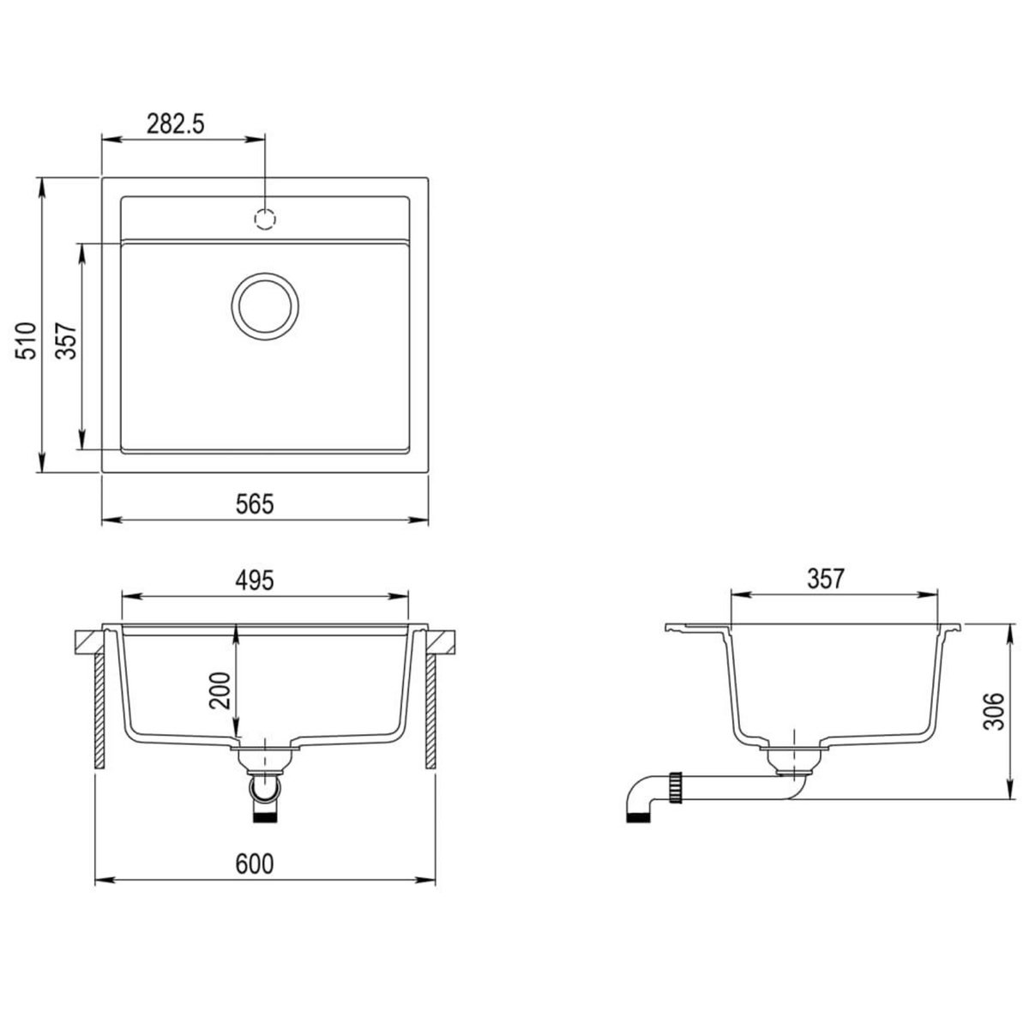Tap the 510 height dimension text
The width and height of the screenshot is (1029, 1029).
point(27,340)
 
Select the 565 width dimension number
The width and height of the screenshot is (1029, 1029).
point(256,505)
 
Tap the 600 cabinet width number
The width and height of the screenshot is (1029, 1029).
point(255,864)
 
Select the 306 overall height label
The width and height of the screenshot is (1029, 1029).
point(992,711)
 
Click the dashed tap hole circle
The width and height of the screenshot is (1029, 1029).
point(265,220)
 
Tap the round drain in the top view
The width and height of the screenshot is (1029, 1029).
point(266,305)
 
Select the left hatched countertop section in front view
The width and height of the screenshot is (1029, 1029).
point(89,639)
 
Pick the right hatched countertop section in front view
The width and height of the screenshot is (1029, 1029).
point(441,639)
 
